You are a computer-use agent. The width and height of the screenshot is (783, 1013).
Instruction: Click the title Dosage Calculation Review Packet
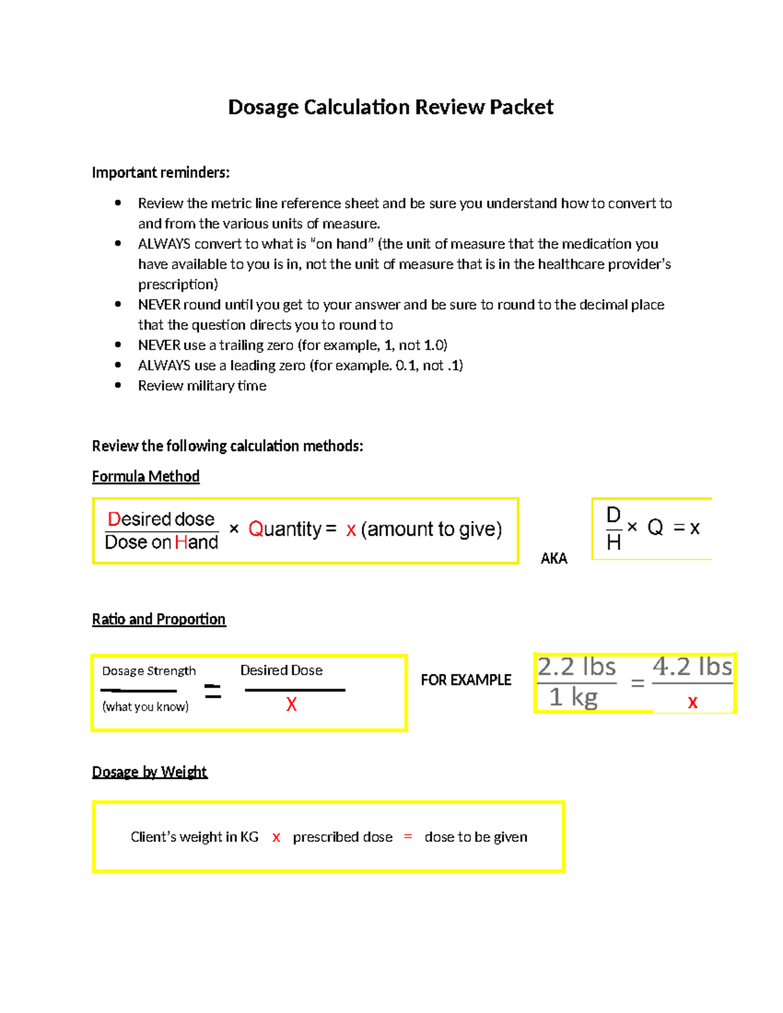tap(390, 107)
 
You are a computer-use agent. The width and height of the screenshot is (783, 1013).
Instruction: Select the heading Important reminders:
tap(161, 173)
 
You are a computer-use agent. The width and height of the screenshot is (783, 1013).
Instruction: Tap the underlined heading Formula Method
tap(146, 477)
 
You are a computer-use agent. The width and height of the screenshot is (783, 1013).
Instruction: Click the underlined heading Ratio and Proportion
tap(159, 620)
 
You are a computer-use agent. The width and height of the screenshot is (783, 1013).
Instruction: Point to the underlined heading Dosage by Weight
tap(149, 772)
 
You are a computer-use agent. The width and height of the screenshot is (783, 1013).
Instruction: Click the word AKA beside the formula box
tap(554, 558)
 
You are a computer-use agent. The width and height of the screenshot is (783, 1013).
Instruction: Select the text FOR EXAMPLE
tap(466, 680)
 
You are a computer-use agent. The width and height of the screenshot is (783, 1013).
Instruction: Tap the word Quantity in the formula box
tap(285, 529)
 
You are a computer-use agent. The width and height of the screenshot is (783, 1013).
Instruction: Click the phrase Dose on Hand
tap(161, 543)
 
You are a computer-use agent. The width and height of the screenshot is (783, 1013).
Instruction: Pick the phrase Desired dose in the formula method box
tap(161, 519)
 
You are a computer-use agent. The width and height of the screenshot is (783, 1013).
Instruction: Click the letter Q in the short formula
tap(655, 528)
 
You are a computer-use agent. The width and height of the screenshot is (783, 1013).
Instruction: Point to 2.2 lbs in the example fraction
tap(577, 667)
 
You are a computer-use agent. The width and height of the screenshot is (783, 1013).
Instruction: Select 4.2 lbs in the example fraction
tap(692, 667)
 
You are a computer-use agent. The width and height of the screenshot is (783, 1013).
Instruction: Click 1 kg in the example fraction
tap(574, 697)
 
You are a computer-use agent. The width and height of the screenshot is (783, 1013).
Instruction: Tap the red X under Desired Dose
tap(292, 704)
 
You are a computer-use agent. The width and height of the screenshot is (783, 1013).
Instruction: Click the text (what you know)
tap(146, 706)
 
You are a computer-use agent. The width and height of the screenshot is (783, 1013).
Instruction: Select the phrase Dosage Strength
tap(149, 671)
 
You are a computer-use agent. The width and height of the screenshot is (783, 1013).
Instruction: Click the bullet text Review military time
tap(202, 386)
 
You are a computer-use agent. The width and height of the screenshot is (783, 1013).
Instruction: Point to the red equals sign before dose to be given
tap(408, 837)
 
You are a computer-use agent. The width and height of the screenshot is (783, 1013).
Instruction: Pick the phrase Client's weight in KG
tap(194, 838)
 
